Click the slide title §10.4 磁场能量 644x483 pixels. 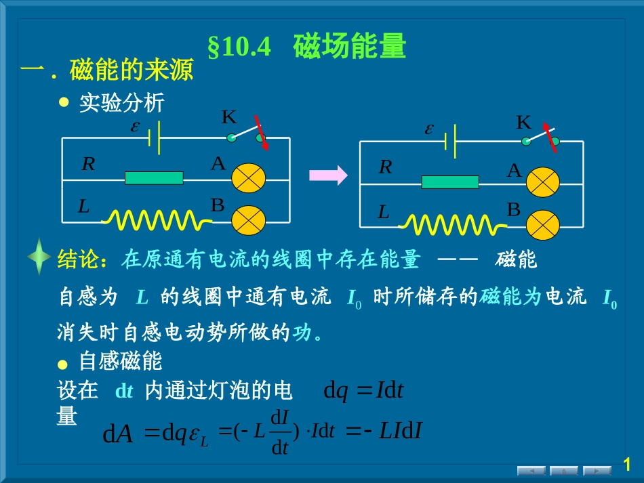tap(306, 47)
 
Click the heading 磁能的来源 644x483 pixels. tap(131, 71)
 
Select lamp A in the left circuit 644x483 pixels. tap(249, 177)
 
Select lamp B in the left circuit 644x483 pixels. tap(249, 219)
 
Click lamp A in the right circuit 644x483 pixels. tap(543, 182)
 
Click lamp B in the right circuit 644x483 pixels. tap(543, 225)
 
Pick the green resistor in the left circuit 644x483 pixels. tap(154, 178)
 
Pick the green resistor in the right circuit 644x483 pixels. tap(450, 182)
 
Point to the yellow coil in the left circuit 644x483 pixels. tap(155, 219)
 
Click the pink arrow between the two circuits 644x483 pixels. tap(328, 175)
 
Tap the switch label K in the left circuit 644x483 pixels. tap(229, 118)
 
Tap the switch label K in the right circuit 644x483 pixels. tap(523, 123)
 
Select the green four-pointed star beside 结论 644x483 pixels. tap(40, 257)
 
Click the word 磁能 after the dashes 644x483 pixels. tap(516, 259)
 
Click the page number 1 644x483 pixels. tap(627, 464)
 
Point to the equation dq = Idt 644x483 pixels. tap(364, 391)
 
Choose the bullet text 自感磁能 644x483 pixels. tap(121, 360)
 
